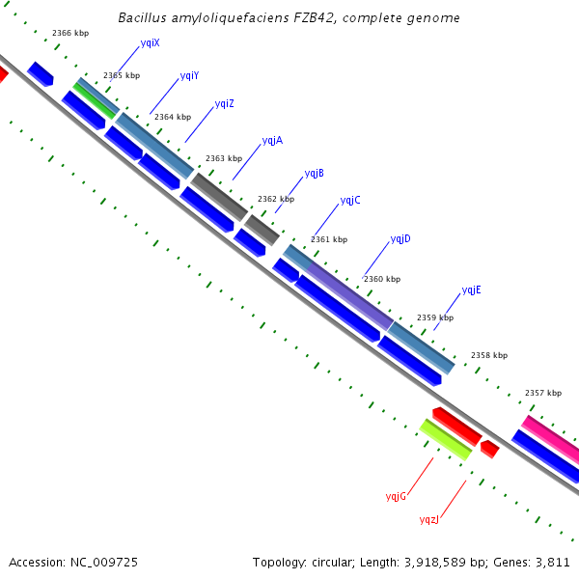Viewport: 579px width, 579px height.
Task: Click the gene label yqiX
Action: pyautogui.click(x=150, y=43)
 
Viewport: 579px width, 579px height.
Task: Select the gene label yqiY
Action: pyautogui.click(x=189, y=76)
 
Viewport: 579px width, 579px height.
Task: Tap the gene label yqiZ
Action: pyautogui.click(x=224, y=104)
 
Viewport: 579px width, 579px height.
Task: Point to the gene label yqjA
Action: pyautogui.click(x=272, y=141)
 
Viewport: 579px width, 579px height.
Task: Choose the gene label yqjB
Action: pyautogui.click(x=314, y=174)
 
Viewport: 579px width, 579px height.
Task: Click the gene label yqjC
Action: pyautogui.click(x=350, y=201)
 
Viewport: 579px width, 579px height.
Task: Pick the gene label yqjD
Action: pyautogui.click(x=400, y=239)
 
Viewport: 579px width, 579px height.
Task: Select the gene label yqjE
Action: pyautogui.click(x=471, y=290)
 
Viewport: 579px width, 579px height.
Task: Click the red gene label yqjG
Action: pyautogui.click(x=396, y=496)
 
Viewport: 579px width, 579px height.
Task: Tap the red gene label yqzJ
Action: pyautogui.click(x=428, y=520)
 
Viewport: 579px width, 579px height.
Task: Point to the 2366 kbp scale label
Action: pyautogui.click(x=70, y=34)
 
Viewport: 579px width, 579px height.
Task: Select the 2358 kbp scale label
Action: pyautogui.click(x=489, y=356)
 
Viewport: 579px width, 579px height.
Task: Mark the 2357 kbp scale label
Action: pyautogui.click(x=543, y=394)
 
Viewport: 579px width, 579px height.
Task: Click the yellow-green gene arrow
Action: pyautogui.click(x=445, y=439)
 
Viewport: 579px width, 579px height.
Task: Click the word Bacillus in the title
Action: pyautogui.click(x=143, y=18)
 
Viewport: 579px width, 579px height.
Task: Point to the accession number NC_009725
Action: pyautogui.click(x=109, y=562)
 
